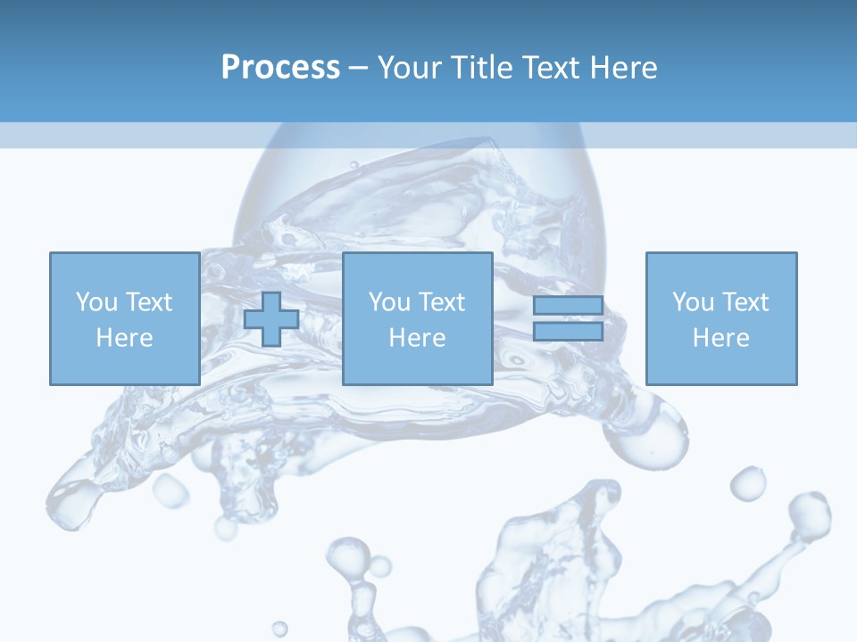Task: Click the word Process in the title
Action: tap(280, 68)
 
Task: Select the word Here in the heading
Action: tap(622, 68)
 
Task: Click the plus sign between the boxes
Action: tap(271, 318)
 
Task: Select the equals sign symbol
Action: tap(568, 318)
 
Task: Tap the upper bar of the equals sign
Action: tap(568, 306)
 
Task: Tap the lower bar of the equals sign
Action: tap(568, 331)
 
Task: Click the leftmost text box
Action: tap(124, 318)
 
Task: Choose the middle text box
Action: tap(417, 318)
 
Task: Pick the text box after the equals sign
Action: tap(720, 318)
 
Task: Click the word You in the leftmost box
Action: tap(96, 301)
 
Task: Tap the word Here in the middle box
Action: tap(417, 337)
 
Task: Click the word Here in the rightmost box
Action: tap(720, 337)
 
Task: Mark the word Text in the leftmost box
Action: tap(149, 301)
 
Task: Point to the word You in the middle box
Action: tap(389, 301)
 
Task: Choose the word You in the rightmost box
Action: tap(693, 301)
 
